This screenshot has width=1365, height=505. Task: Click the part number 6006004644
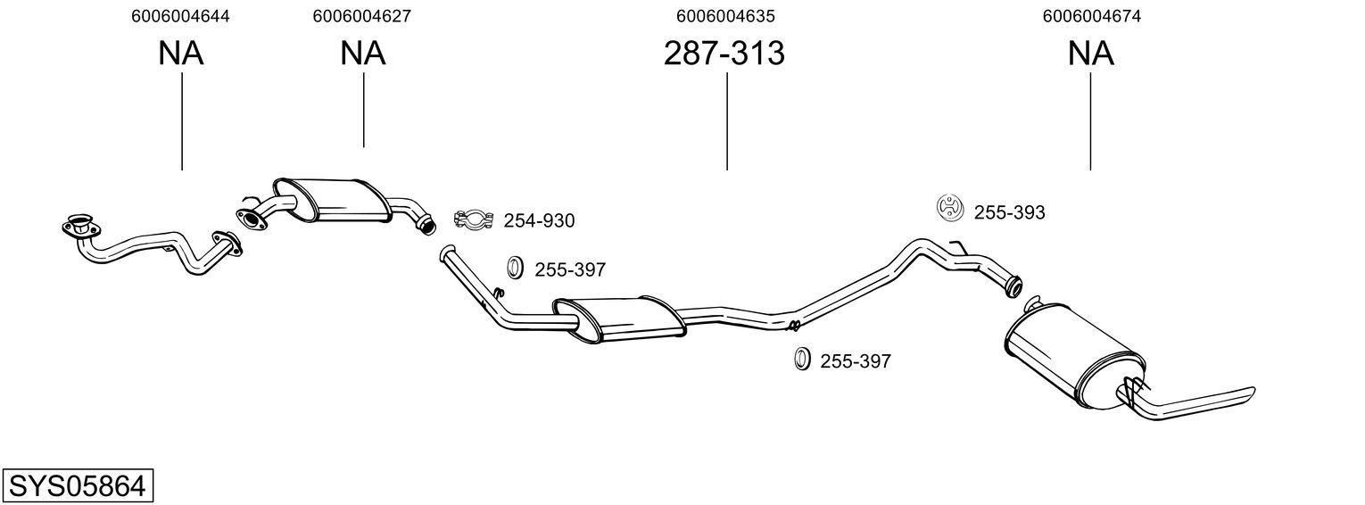point(180,16)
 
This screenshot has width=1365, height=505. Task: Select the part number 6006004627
point(362,16)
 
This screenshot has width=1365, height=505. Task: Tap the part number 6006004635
point(725,16)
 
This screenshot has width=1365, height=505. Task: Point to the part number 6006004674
point(1090,16)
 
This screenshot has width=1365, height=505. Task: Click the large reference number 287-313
point(724,54)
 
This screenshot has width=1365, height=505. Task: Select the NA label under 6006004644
point(181,54)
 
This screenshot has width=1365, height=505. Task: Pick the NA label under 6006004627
point(362,54)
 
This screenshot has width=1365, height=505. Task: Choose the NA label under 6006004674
point(1090,54)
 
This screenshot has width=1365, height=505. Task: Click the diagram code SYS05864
point(77,486)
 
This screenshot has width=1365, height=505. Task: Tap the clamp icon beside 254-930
point(475,219)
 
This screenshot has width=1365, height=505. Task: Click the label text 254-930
point(539,220)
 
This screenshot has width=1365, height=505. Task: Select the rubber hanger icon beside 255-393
point(950,208)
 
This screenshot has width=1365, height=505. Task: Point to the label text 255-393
point(1009,212)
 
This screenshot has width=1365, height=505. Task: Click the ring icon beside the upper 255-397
point(515,267)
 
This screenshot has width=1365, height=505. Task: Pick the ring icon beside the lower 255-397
point(801,359)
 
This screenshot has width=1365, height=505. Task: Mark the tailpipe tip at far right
point(1249,393)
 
